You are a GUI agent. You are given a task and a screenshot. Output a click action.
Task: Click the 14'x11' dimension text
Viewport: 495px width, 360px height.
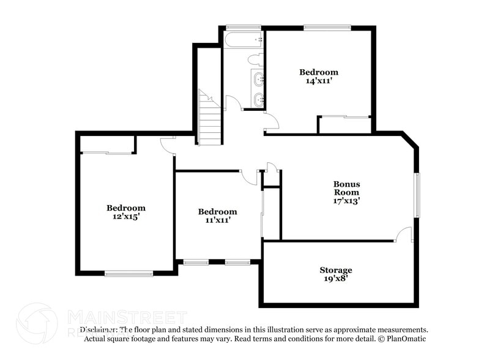point(318,80)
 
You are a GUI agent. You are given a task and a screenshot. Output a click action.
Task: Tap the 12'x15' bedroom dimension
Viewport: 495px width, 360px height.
point(126,216)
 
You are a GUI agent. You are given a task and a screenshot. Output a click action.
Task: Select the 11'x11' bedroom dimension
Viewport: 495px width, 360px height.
point(217,220)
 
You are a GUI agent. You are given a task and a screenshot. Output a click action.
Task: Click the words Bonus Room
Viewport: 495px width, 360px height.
point(346,188)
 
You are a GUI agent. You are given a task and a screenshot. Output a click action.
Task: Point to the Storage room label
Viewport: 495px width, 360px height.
point(336,270)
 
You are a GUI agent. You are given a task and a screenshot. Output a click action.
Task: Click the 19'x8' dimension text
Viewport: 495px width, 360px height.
point(336,279)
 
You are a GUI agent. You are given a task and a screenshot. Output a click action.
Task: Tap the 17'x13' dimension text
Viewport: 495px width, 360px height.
point(346,200)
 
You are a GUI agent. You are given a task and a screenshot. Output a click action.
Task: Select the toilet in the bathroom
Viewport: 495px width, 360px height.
point(255,60)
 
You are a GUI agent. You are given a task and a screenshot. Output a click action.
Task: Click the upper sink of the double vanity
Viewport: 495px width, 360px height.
point(258,78)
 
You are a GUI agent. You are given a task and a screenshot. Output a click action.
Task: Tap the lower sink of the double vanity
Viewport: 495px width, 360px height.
point(258,99)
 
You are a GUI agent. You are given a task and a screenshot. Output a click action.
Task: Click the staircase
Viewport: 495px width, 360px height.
point(210,122)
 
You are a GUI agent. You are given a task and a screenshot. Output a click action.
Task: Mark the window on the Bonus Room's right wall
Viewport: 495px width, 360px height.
point(417,195)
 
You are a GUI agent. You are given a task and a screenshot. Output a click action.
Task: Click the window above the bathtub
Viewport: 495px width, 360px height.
point(243,28)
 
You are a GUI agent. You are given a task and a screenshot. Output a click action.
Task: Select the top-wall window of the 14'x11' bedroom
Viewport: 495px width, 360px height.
point(327,28)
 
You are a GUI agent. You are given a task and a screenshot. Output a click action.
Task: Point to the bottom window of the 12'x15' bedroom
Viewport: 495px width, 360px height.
point(128,273)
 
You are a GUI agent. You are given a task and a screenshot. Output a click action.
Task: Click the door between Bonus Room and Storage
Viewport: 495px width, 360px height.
point(403,234)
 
